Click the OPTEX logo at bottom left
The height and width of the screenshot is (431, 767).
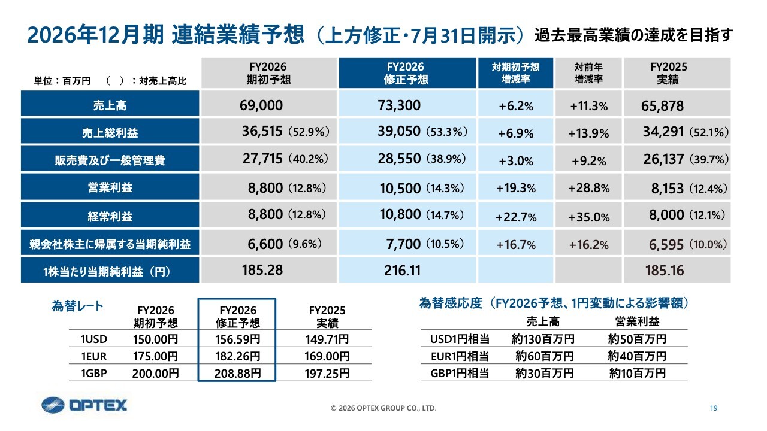(x=84, y=405)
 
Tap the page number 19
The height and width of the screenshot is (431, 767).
(x=714, y=408)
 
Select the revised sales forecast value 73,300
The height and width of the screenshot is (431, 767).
(x=399, y=105)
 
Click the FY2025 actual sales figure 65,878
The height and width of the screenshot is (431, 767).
(x=662, y=106)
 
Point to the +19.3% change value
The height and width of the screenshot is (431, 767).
(x=516, y=188)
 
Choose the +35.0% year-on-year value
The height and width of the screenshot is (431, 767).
(x=589, y=217)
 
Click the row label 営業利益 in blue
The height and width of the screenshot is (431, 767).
(x=110, y=187)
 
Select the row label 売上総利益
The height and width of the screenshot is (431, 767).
(x=110, y=132)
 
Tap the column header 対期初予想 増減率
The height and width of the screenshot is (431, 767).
(x=516, y=73)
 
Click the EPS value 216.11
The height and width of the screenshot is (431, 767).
(x=402, y=271)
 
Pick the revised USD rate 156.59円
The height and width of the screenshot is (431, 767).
(x=237, y=339)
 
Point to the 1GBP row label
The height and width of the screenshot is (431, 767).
(x=94, y=373)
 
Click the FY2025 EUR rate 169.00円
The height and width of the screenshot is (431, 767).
(x=327, y=356)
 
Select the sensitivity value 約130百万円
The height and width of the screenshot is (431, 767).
(x=543, y=339)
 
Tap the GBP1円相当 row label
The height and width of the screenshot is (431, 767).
(x=460, y=373)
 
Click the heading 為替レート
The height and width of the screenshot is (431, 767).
(x=77, y=306)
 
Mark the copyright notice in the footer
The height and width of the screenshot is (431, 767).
(x=383, y=408)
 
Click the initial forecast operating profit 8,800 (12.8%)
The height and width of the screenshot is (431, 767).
(x=287, y=188)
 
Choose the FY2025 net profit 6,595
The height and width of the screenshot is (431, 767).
(x=666, y=245)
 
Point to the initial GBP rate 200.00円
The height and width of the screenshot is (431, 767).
(x=155, y=373)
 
